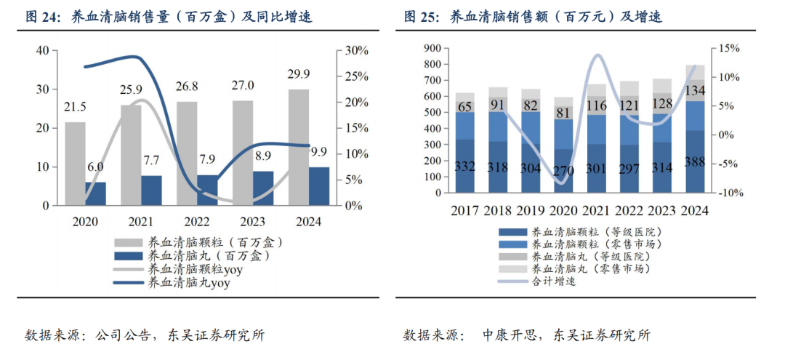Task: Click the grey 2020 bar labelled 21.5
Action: [74, 164]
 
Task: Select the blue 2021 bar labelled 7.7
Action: [151, 191]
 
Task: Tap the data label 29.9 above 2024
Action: [301, 74]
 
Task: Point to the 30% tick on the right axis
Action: [358, 50]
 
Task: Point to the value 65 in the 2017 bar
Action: [465, 108]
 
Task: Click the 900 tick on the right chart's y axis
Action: [432, 48]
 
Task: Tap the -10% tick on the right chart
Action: [728, 193]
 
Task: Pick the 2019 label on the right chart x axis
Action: [531, 210]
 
